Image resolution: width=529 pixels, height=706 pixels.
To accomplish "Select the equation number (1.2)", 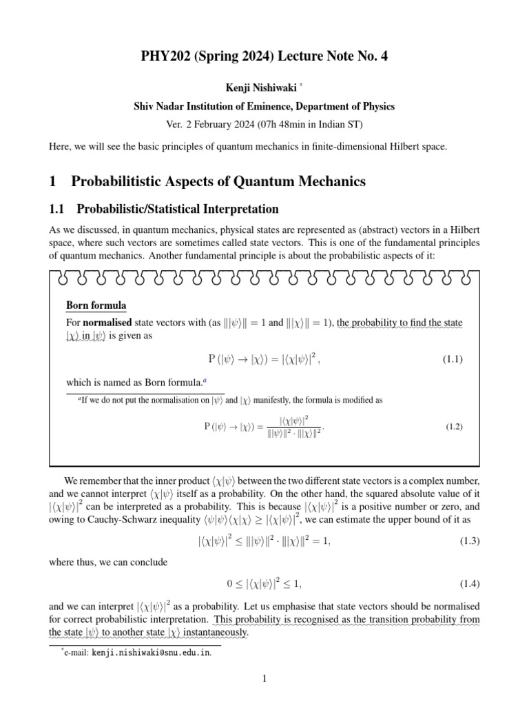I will pyautogui.click(x=454, y=427).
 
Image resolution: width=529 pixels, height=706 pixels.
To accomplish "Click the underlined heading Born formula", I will pyautogui.click(x=96, y=305).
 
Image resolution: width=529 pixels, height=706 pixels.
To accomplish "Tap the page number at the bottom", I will pyautogui.click(x=264, y=679).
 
